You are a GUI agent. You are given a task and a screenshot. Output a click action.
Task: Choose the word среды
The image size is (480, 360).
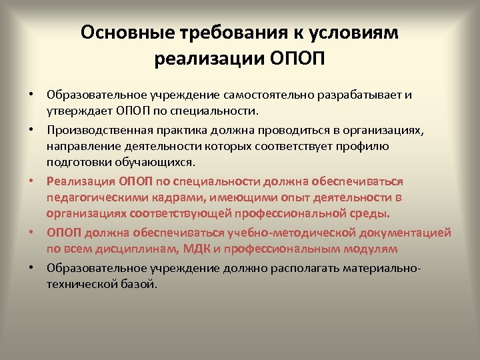tap(371, 214)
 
